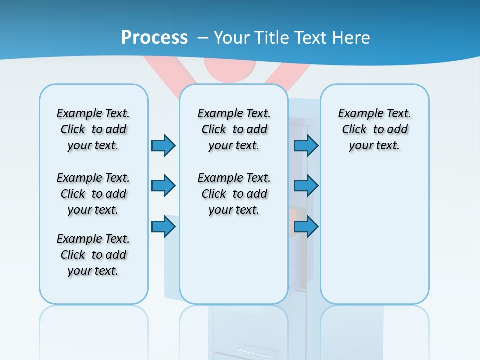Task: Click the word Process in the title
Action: pyautogui.click(x=154, y=37)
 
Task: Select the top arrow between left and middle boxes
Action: pyautogui.click(x=163, y=145)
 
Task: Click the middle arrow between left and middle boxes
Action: pyautogui.click(x=163, y=186)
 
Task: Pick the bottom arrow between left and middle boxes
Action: pyautogui.click(x=163, y=226)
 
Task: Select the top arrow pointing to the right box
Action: pyautogui.click(x=306, y=145)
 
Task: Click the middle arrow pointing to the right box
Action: pyautogui.click(x=306, y=186)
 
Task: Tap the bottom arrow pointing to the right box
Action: pyautogui.click(x=306, y=226)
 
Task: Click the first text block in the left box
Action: pyautogui.click(x=93, y=129)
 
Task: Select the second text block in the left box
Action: pyautogui.click(x=93, y=194)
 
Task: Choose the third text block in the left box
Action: pyautogui.click(x=93, y=255)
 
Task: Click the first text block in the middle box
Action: pyautogui.click(x=234, y=129)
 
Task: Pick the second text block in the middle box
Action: pyautogui.click(x=234, y=194)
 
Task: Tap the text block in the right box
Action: pyautogui.click(x=374, y=129)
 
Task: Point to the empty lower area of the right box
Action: pyautogui.click(x=374, y=240)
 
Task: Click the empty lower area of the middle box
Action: pyautogui.click(x=234, y=260)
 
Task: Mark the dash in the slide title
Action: pyautogui.click(x=203, y=37)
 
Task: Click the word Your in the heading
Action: pyautogui.click(x=232, y=37)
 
